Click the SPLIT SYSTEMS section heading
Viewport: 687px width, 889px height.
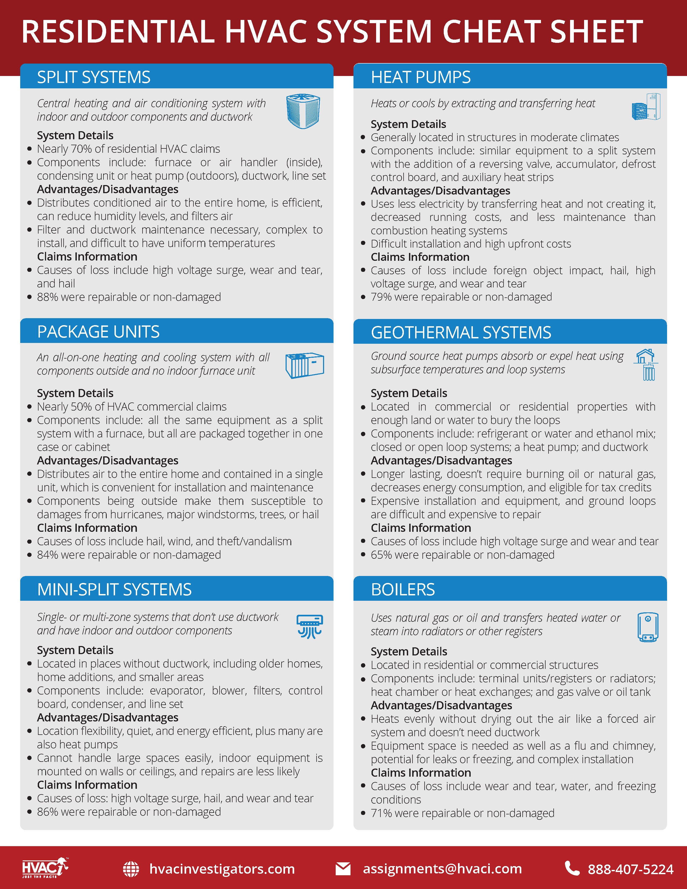click(93, 77)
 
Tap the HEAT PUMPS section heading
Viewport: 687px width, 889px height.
click(421, 77)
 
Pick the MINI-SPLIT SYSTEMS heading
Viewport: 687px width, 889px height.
click(114, 589)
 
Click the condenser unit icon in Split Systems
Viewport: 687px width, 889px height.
click(303, 111)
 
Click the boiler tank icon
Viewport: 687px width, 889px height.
click(647, 627)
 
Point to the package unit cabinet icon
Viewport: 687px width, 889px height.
click(304, 365)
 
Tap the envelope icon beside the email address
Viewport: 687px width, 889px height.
click(343, 869)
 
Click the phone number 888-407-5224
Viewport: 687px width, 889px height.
click(630, 869)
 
